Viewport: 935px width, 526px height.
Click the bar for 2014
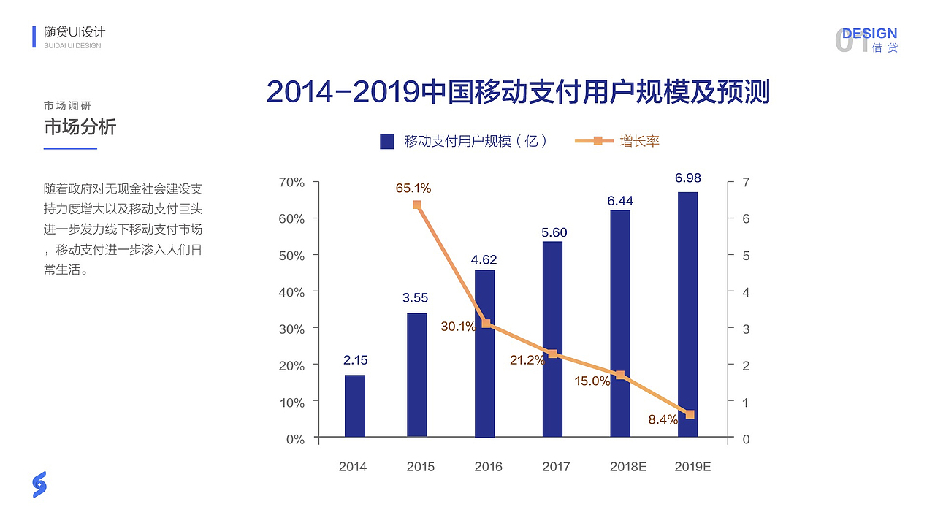point(355,406)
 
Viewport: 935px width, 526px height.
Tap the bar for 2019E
point(688,315)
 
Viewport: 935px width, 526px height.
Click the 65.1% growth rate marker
point(417,205)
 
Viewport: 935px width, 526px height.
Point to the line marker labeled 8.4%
point(690,414)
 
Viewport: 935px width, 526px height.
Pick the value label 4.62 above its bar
point(484,259)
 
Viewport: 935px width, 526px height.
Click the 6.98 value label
point(687,178)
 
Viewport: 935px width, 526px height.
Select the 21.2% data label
point(527,360)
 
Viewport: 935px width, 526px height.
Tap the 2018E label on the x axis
point(628,467)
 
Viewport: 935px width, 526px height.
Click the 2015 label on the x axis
point(420,467)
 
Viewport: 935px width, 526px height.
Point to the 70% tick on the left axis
point(291,182)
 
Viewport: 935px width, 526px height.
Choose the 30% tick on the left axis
point(291,329)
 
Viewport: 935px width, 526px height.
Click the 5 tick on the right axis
point(746,256)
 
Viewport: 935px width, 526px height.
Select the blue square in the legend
point(387,142)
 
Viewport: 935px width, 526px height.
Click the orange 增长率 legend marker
point(598,141)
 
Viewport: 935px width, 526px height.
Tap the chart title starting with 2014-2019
point(518,93)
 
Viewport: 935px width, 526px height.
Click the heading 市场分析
point(80,127)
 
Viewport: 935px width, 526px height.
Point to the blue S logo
point(39,484)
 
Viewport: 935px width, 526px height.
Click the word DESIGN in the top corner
point(869,34)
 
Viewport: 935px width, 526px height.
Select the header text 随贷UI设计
point(75,32)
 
